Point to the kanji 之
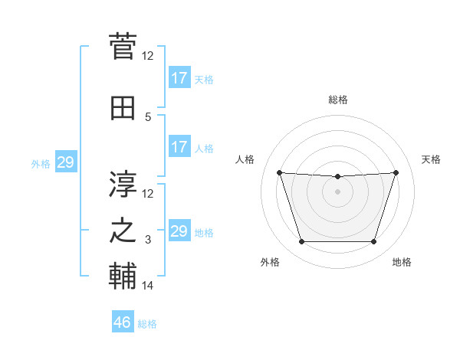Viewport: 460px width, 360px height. pos(123,231)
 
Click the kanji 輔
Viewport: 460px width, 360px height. pos(123,275)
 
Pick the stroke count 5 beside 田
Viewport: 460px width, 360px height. pos(148,116)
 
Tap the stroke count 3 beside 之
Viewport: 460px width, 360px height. pos(148,240)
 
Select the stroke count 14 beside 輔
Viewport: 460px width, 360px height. pos(148,286)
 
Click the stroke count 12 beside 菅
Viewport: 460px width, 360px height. pos(148,55)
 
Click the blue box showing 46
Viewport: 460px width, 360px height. pos(123,322)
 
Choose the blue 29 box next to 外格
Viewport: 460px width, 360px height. pos(65,162)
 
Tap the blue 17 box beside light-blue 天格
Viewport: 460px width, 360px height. pos(179,78)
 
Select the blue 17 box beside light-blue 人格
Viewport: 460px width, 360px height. pos(179,147)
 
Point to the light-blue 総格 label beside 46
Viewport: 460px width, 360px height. pos(147,324)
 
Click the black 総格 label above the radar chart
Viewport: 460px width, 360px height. pos(338,100)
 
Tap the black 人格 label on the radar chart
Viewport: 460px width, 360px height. pos(245,159)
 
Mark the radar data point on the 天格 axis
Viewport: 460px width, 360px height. pos(396,172)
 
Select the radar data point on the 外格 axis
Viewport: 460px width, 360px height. pos(301,242)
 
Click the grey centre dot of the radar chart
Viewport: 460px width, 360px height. pos(337,191)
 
